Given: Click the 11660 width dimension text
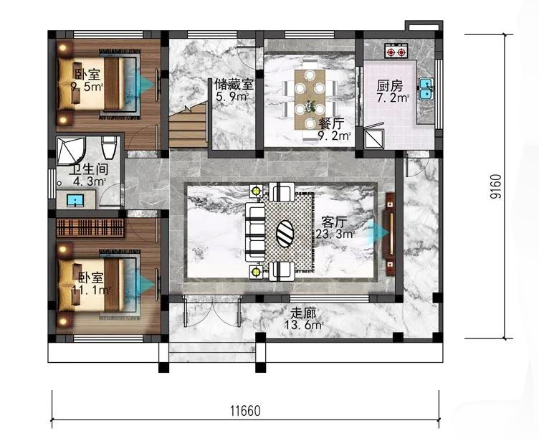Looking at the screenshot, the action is (x=245, y=410).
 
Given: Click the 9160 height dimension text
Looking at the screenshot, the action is (x=496, y=186).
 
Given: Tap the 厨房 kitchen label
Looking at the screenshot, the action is (x=389, y=85).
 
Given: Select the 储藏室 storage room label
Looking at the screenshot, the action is (x=234, y=85).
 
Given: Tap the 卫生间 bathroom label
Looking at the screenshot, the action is (x=89, y=169).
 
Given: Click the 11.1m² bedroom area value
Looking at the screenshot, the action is (x=91, y=290).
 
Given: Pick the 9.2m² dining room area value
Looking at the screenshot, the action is (x=333, y=136).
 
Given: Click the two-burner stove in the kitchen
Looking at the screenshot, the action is (x=396, y=51).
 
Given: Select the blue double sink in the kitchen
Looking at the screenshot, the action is (x=426, y=88).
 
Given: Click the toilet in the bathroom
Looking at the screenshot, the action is (x=109, y=148).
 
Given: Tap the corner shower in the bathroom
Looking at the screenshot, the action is (x=70, y=151).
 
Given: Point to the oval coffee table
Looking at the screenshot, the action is (x=285, y=234).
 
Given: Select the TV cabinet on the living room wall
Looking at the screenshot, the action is (x=390, y=234).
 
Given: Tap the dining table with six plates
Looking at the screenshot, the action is (x=310, y=99).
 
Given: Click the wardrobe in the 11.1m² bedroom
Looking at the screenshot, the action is (x=90, y=227).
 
